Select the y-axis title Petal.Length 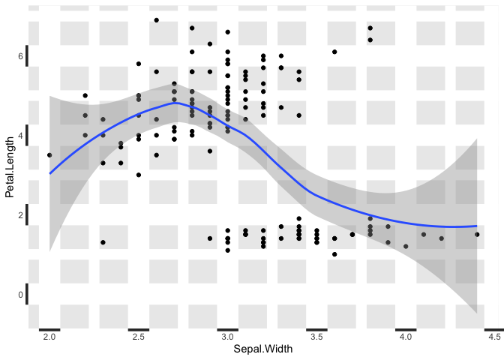pyautogui.click(x=9, y=167)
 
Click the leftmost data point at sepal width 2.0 pyautogui.click(x=49, y=155)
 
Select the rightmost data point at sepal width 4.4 pyautogui.click(x=477, y=235)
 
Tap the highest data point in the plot pyautogui.click(x=156, y=20)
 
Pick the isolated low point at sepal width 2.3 pyautogui.click(x=103, y=242)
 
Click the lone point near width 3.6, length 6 pyautogui.click(x=334, y=52)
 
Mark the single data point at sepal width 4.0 pyautogui.click(x=406, y=246)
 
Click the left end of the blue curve pyautogui.click(x=50, y=173)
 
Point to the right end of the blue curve pyautogui.click(x=477, y=226)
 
